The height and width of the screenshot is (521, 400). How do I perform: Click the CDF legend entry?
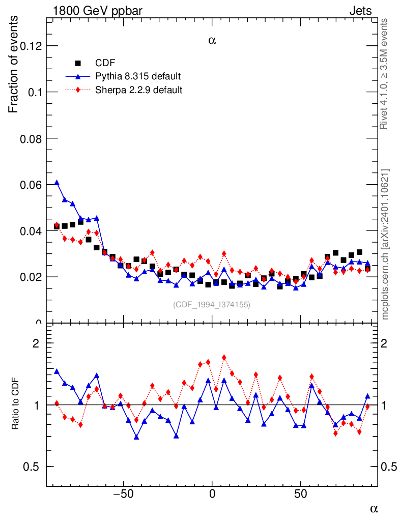[105, 63]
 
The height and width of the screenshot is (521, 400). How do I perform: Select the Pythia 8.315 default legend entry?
[138, 76]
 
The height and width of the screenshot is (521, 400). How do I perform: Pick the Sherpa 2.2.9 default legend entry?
[139, 90]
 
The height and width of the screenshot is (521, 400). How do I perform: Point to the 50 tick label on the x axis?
[301, 494]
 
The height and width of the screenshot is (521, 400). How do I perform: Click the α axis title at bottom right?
[374, 508]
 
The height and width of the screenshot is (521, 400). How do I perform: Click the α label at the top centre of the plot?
[212, 40]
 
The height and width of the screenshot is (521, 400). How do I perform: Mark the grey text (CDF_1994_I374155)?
[212, 304]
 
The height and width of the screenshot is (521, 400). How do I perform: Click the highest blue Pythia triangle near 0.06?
[56, 182]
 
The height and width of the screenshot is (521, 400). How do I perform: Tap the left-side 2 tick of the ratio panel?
[36, 343]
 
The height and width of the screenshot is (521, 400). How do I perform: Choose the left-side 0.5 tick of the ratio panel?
[31, 467]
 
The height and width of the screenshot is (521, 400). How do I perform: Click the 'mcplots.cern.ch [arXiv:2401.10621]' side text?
[385, 244]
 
